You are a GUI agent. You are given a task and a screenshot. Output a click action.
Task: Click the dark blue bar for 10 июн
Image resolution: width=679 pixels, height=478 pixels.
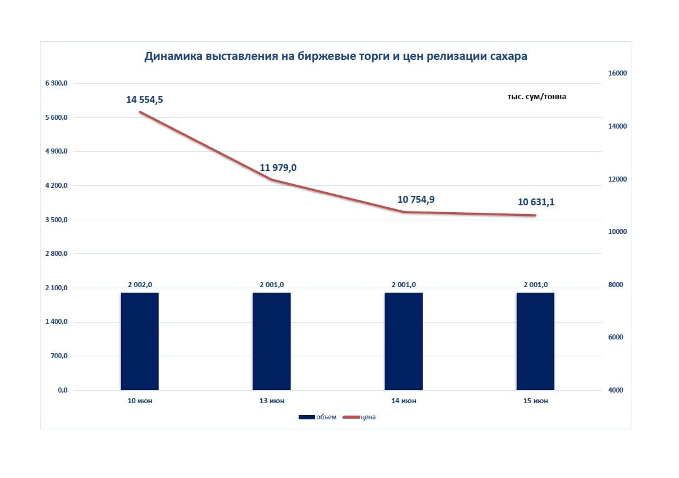(140, 341)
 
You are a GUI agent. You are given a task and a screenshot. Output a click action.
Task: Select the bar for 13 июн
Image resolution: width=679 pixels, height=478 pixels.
(272, 341)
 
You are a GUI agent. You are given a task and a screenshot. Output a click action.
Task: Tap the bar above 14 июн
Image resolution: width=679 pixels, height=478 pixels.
(403, 341)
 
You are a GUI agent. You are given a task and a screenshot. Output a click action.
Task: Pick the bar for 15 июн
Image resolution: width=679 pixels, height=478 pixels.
(536, 341)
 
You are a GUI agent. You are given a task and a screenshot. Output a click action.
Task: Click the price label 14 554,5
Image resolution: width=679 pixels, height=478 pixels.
(145, 100)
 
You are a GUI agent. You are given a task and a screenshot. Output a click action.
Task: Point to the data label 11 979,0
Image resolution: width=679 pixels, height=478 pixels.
(278, 168)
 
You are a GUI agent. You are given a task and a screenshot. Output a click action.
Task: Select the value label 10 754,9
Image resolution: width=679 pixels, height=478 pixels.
(416, 199)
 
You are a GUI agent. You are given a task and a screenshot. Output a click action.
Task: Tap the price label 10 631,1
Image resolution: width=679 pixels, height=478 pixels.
(536, 202)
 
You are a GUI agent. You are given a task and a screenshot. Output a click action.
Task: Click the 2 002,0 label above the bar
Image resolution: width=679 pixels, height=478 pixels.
(140, 285)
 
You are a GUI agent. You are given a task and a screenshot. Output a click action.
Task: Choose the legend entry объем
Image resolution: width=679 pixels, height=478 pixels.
(317, 417)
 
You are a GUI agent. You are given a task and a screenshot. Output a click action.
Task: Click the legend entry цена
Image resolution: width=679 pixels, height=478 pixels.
(359, 417)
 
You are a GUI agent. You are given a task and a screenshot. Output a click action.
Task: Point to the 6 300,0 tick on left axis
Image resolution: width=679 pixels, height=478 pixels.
(56, 83)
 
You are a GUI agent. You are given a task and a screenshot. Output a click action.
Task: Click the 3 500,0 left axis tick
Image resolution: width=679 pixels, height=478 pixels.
(56, 220)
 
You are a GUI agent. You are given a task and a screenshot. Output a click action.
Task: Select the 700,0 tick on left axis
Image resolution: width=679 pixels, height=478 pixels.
(59, 356)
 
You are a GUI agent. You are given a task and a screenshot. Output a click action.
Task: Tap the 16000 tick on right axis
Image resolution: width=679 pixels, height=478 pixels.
(617, 73)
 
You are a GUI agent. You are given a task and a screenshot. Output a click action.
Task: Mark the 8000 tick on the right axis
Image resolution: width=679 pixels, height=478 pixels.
(616, 285)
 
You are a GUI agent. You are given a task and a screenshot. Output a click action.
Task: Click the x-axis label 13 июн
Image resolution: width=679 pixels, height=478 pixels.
(272, 401)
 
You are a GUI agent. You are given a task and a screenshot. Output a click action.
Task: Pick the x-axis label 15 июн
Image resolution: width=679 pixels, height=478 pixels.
(536, 401)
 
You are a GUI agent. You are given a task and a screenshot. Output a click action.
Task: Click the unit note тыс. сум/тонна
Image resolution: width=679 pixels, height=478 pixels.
(537, 97)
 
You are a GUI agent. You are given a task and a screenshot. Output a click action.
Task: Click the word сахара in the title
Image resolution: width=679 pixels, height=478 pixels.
(509, 56)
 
